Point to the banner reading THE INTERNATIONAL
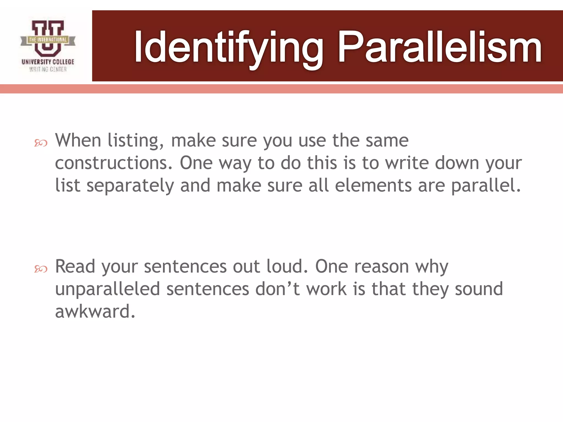[x=48, y=40]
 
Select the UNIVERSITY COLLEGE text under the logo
[x=48, y=62]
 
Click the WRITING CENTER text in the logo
[x=48, y=70]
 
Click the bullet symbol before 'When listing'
[x=41, y=143]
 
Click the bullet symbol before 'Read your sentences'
[x=41, y=269]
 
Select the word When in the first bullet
[x=78, y=141]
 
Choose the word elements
[x=373, y=185]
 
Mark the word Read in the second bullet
[x=75, y=266]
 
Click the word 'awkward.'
[x=95, y=312]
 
